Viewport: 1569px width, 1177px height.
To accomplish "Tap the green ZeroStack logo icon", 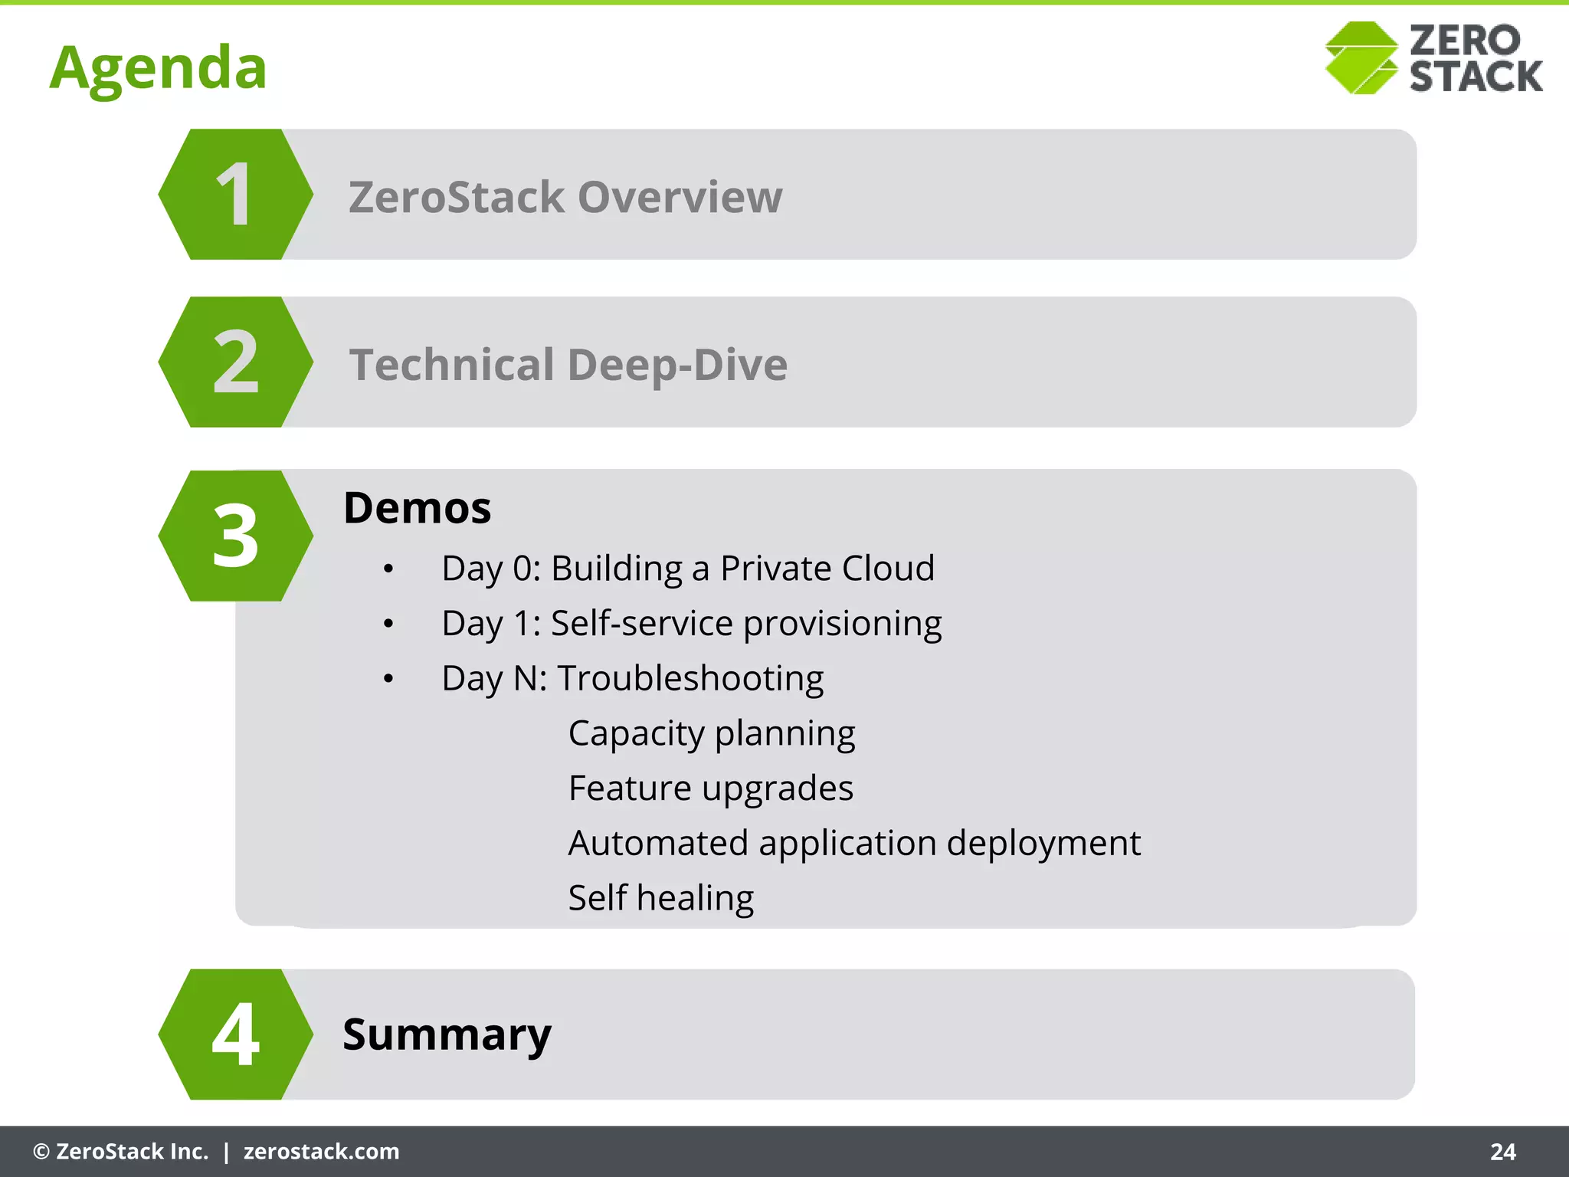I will coord(1361,58).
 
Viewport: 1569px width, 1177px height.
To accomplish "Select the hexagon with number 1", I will coord(235,195).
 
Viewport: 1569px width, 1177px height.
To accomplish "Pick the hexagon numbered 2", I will coord(235,362).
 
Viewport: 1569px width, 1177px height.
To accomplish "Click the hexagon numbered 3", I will coord(235,536).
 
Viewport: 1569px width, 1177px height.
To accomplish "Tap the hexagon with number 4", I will coord(235,1034).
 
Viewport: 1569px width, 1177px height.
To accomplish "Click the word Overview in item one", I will coord(680,197).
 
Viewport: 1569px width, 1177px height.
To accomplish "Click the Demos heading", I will coord(417,508).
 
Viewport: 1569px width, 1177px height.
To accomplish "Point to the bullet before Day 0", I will coord(388,569).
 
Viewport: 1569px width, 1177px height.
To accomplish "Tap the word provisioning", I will coord(842,624).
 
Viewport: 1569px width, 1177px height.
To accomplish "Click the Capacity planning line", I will coord(711,734).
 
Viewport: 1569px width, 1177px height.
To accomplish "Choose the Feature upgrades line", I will coord(710,788).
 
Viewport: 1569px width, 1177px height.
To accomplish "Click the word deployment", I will coord(1043,844).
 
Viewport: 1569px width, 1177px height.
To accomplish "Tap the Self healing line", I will coord(660,898).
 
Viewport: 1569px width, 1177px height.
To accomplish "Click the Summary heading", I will coord(447,1035).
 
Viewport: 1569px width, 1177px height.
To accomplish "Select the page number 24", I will coord(1502,1152).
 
